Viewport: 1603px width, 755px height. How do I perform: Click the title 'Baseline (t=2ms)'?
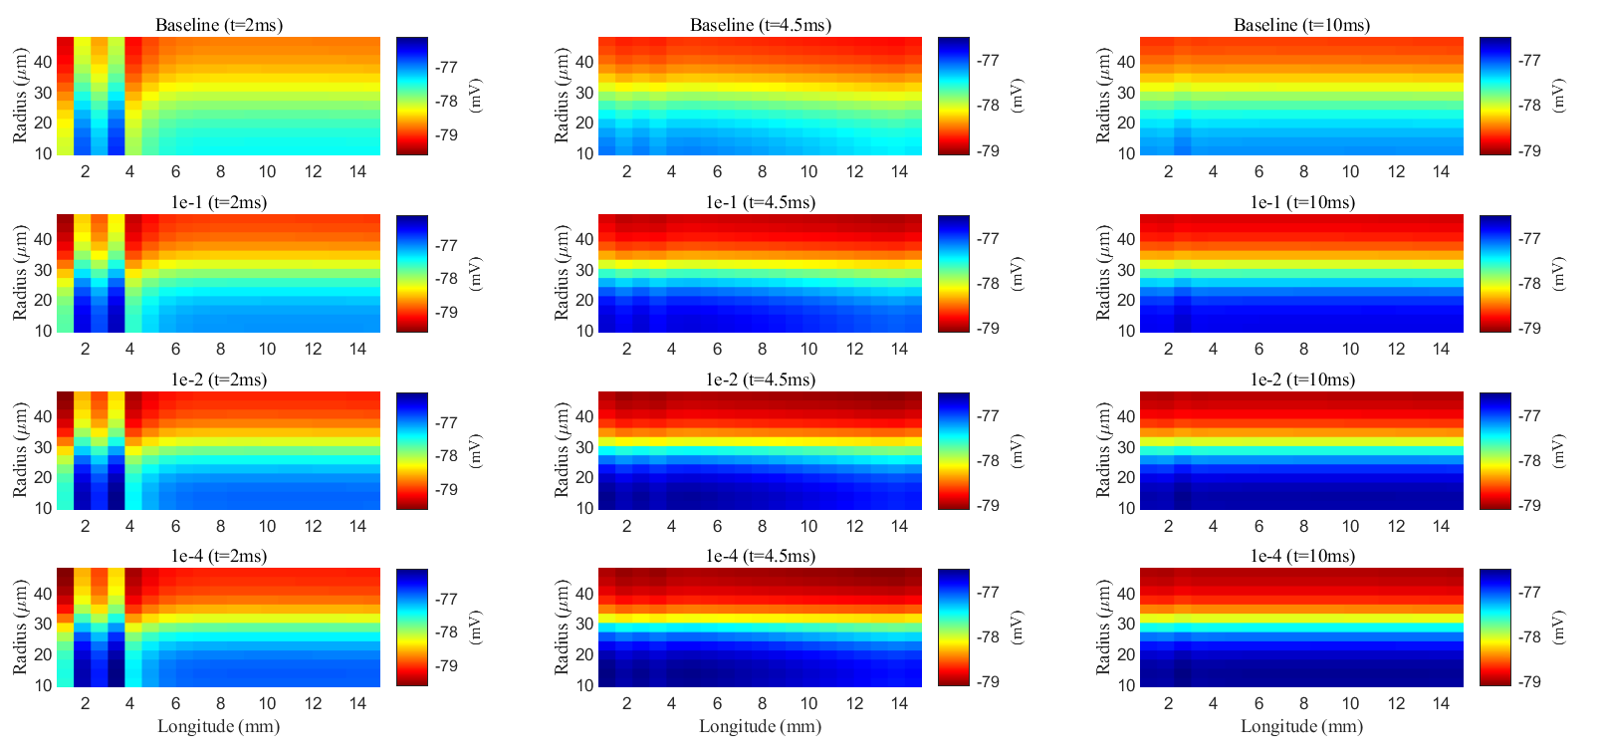coord(218,25)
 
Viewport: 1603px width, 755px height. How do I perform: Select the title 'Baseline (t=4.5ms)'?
coord(760,25)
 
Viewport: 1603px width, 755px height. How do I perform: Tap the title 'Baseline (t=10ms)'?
coord(1301,25)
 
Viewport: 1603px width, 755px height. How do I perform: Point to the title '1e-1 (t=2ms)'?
coord(218,202)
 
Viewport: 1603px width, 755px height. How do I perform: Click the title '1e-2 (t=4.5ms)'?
coord(760,379)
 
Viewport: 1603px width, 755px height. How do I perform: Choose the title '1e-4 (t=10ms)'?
coord(1301,556)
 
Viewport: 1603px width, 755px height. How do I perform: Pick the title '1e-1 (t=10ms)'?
coord(1301,202)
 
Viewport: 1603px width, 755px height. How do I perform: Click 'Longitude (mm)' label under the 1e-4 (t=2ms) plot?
coord(218,726)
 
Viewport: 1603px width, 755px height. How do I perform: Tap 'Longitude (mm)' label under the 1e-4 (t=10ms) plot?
coord(1301,726)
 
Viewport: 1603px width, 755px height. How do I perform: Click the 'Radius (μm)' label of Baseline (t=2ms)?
coord(20,96)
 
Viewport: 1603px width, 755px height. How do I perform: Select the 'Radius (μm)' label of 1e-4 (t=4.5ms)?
coord(562,628)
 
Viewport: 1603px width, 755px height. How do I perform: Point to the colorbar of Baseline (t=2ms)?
coord(412,96)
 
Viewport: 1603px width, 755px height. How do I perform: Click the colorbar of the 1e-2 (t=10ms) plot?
coord(1495,450)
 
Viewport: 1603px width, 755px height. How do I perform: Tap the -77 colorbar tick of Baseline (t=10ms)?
coord(1528,61)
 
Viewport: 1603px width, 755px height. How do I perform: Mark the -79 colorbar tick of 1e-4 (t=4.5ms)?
coord(988,682)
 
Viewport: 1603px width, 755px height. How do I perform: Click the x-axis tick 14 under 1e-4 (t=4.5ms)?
coord(899,703)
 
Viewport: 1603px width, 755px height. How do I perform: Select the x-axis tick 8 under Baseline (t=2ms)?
coord(220,171)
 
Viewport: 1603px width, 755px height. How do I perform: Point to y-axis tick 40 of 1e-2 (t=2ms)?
coord(43,416)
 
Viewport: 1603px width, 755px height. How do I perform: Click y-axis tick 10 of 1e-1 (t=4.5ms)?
coord(584,331)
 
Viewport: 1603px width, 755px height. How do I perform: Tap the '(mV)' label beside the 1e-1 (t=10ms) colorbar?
coord(1558,273)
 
